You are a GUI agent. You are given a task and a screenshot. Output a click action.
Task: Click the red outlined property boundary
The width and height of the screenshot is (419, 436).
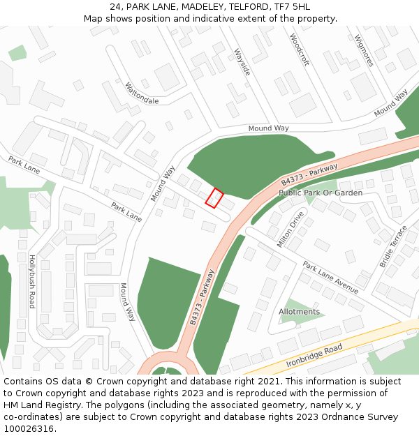click(x=214, y=198)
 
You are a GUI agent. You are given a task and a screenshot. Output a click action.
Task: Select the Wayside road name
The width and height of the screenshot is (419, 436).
click(x=242, y=61)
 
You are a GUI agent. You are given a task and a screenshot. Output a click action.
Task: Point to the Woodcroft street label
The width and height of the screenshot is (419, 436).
click(x=299, y=50)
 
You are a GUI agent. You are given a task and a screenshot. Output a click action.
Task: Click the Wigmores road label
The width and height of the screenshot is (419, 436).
click(x=364, y=50)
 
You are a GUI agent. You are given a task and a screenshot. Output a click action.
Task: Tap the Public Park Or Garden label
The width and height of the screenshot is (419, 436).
click(x=321, y=193)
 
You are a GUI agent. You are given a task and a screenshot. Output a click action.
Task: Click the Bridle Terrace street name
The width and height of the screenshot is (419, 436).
click(x=392, y=246)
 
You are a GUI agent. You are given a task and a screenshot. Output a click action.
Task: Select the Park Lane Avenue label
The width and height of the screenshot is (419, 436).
click(x=330, y=278)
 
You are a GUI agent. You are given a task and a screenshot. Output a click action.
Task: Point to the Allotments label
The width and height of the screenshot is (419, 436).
click(x=299, y=312)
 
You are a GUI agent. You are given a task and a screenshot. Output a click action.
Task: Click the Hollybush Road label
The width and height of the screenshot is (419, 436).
click(x=31, y=282)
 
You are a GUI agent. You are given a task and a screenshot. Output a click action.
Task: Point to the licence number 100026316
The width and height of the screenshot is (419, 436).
click(x=29, y=429)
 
